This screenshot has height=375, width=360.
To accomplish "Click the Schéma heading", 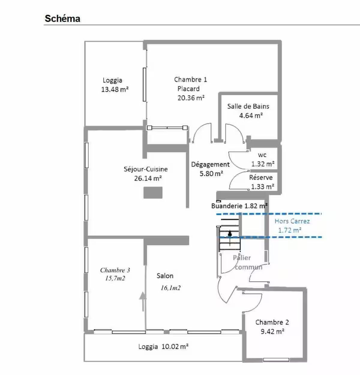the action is (62, 19).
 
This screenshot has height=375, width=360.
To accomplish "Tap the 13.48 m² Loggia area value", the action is (115, 89).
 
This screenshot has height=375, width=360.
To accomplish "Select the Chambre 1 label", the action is (190, 79).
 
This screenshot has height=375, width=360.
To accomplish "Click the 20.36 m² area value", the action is (191, 98).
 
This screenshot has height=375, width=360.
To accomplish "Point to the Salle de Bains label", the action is (248, 106).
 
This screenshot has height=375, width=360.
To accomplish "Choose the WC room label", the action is (262, 155).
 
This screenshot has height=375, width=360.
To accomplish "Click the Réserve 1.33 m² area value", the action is (262, 186).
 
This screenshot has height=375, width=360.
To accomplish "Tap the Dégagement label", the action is (210, 165).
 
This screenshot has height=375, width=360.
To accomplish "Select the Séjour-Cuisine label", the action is (145, 169).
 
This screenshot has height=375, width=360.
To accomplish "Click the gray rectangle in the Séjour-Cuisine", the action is (153, 192).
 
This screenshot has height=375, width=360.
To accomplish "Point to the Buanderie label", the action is (226, 206).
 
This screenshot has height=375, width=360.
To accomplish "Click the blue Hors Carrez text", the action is (292, 221).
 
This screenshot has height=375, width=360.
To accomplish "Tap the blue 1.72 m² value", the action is (290, 230).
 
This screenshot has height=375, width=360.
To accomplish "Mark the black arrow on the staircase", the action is (229, 238).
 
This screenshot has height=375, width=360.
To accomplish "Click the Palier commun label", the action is (247, 262).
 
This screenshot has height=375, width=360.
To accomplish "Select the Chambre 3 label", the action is (115, 270).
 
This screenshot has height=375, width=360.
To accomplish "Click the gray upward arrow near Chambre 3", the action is (143, 301).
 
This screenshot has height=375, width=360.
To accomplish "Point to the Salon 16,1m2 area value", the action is (171, 288).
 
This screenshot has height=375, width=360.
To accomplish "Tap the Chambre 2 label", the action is (272, 322).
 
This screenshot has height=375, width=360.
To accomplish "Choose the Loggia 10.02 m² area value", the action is (175, 347).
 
